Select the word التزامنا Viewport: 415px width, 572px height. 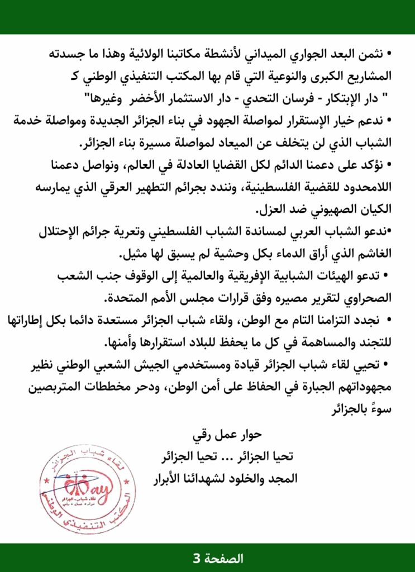coord(329,320)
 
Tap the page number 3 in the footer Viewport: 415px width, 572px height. coord(196,557)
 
